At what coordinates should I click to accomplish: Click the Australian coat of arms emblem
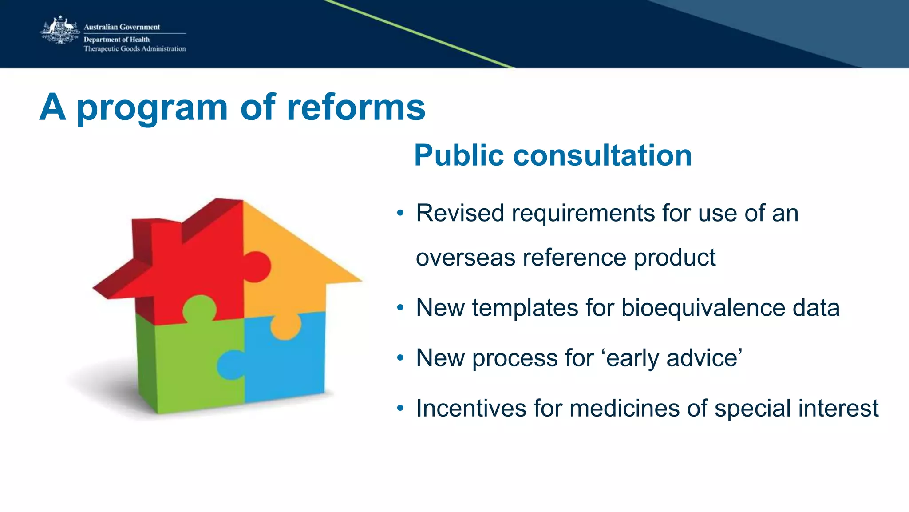point(60,30)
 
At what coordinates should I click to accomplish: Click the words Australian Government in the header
point(122,27)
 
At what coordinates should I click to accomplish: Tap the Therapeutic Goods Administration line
point(134,49)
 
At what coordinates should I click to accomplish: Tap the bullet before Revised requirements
point(400,213)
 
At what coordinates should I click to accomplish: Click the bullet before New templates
point(400,308)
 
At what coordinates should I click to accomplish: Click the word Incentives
point(471,408)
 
